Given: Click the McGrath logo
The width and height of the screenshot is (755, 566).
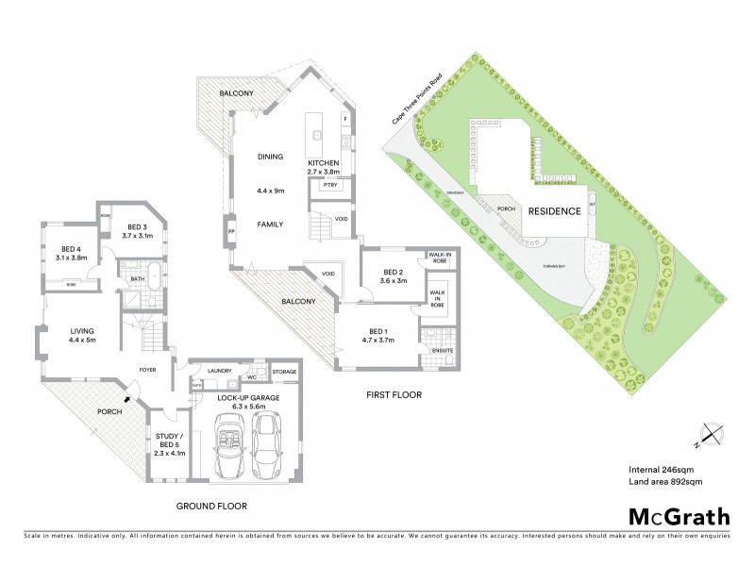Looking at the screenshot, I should click(x=679, y=516).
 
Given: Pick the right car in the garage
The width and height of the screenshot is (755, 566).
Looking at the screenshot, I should click(x=268, y=450).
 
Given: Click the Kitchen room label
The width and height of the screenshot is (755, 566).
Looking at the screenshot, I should click(x=322, y=167).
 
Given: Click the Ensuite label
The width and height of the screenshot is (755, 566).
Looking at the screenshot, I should click(x=443, y=352).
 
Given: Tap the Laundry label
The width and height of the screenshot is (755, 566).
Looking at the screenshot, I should click(x=219, y=371).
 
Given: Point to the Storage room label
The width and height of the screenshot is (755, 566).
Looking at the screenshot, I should click(x=284, y=371).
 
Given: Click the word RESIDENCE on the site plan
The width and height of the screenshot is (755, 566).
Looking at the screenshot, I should click(x=554, y=211).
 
